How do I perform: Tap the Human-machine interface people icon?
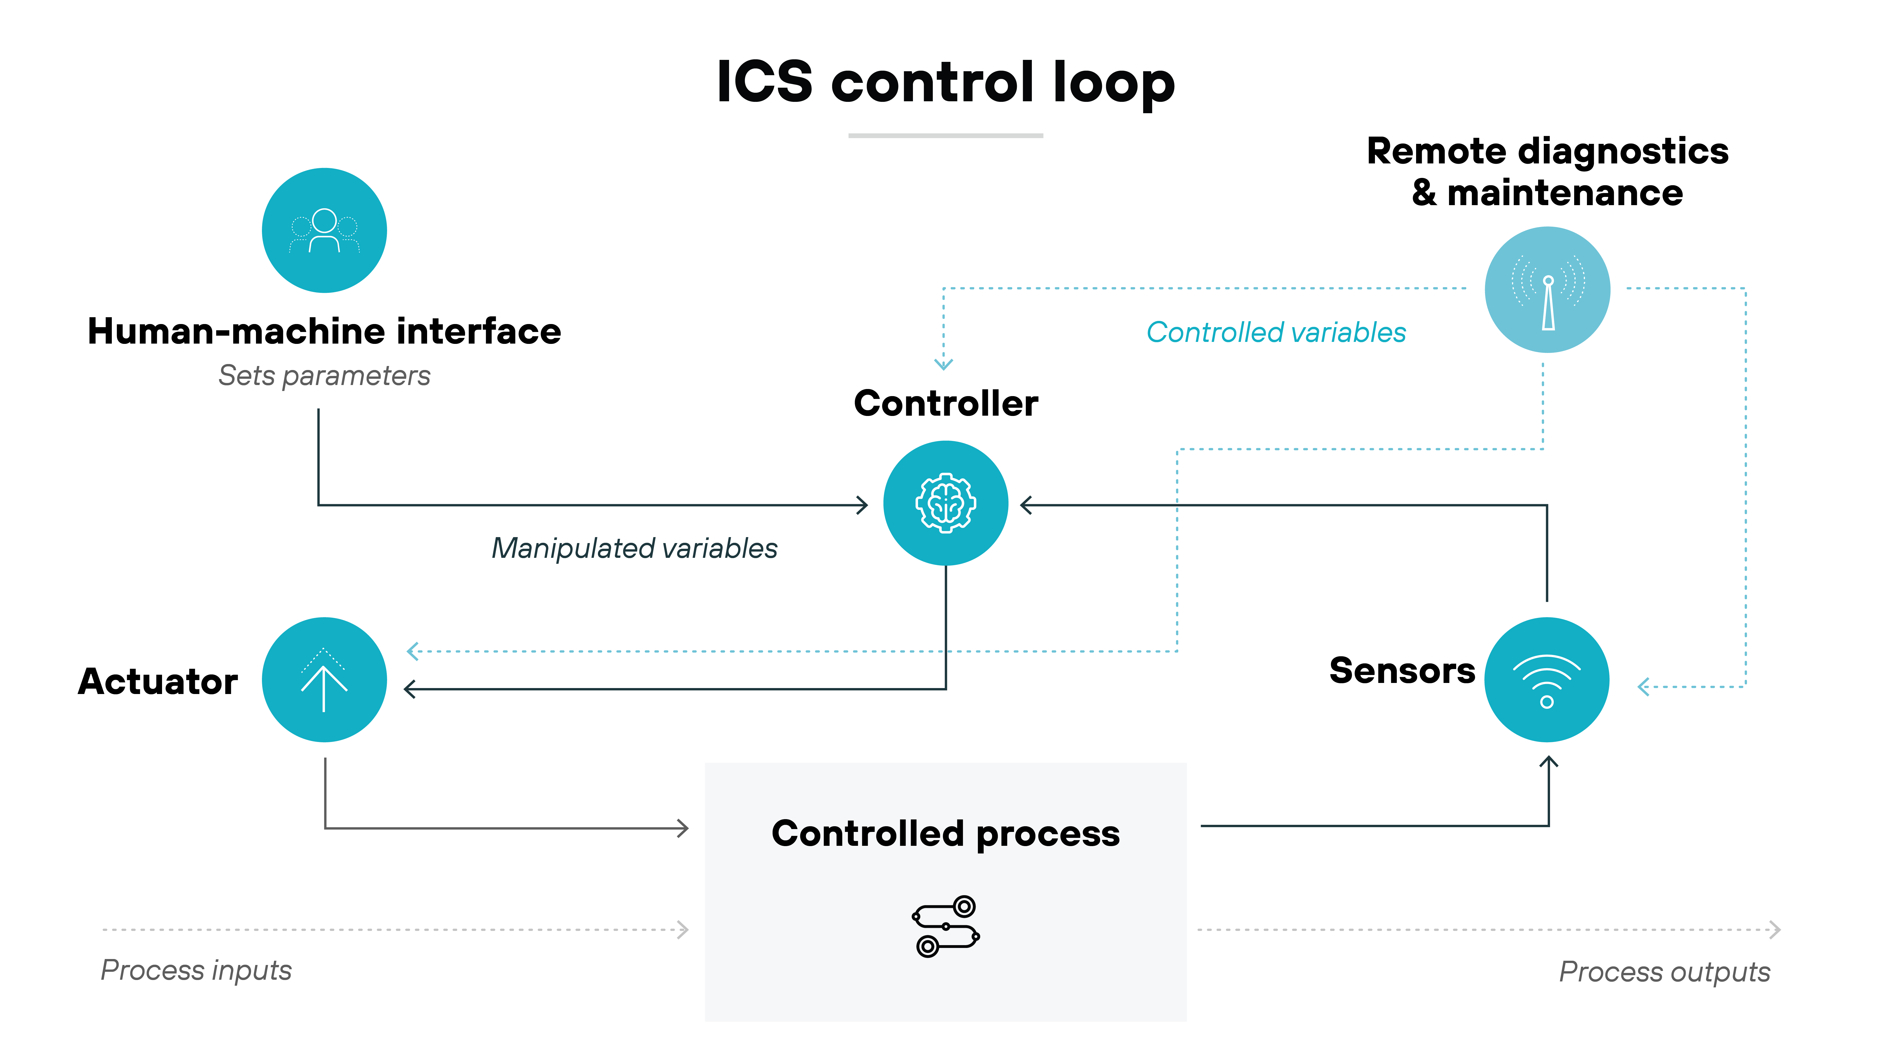coord(324,231)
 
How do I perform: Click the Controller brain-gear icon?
coord(945,503)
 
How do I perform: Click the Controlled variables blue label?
coord(1276,333)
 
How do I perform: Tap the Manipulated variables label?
coord(634,548)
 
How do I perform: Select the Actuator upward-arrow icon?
coord(324,679)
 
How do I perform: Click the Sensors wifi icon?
coord(1547,679)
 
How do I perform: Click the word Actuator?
coord(158,682)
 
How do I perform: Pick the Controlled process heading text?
coord(945,833)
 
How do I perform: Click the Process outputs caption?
coord(1664,972)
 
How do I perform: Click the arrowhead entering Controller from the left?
coord(863,505)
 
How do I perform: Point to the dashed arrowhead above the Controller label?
coord(943,363)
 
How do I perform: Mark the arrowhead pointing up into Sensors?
coord(1548,762)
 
